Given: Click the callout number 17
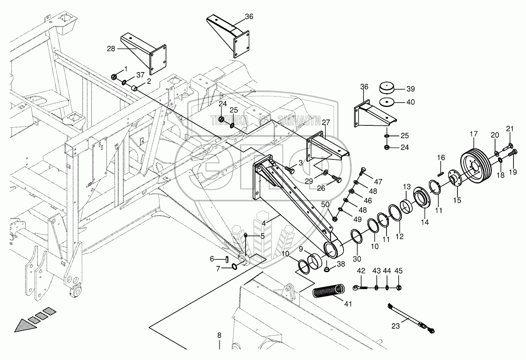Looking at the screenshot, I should (474, 134).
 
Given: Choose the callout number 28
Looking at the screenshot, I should (111, 49).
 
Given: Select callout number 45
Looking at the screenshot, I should (398, 271).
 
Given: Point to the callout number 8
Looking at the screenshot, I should (219, 335).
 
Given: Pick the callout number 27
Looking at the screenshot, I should (326, 122).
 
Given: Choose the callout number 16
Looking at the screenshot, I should (441, 157).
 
